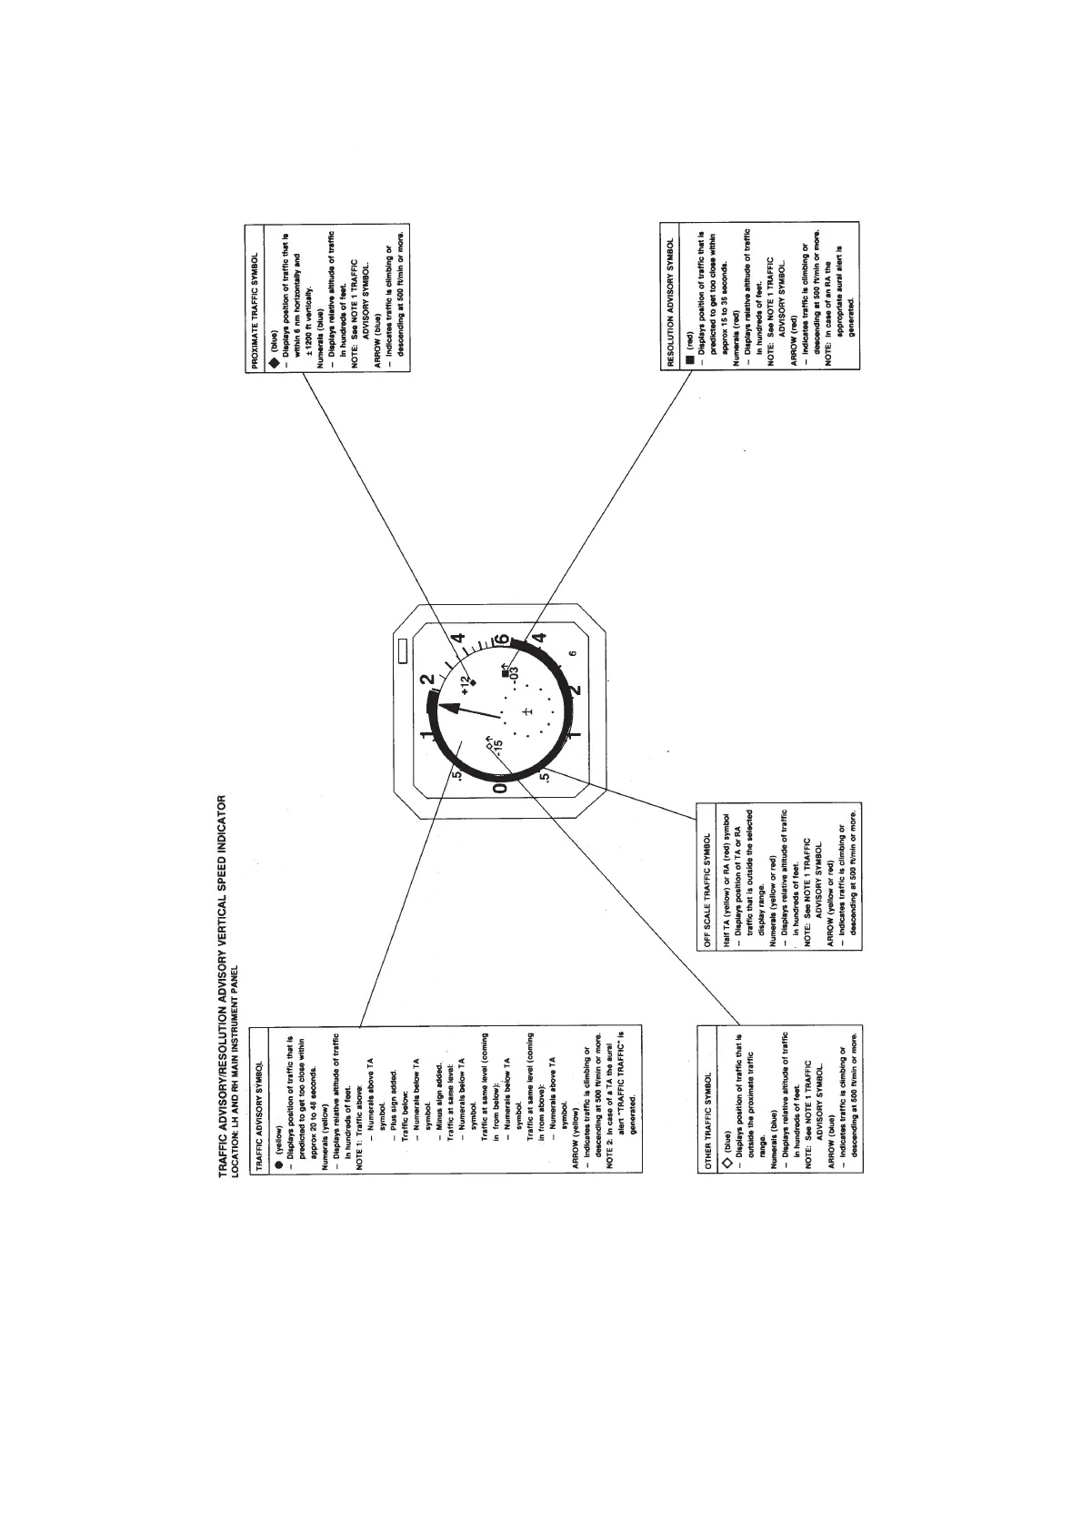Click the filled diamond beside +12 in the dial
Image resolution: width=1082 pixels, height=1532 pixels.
click(473, 680)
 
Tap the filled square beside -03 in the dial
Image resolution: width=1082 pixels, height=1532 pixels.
click(506, 674)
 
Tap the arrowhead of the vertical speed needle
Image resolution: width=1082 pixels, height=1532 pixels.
click(445, 708)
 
